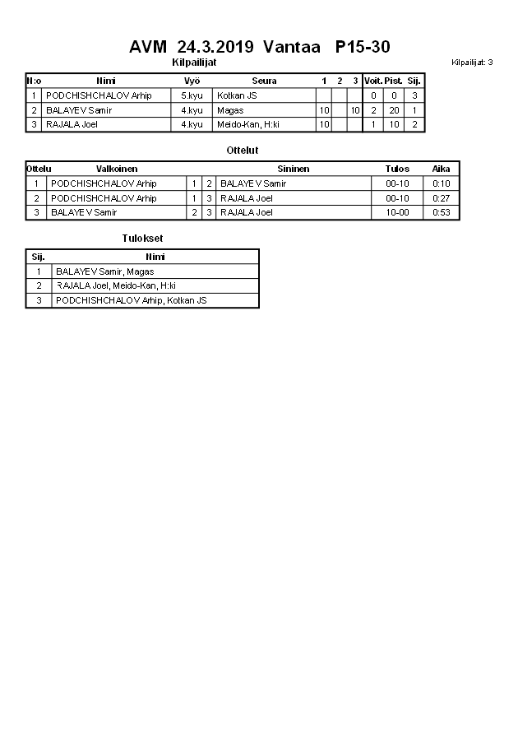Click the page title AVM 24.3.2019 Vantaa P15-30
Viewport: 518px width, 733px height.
coord(259,47)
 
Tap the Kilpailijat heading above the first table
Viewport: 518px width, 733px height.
coord(194,63)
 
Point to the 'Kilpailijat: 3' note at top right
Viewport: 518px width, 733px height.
coord(472,63)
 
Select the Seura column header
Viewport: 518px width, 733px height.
coord(264,81)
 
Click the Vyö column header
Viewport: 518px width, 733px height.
coord(192,81)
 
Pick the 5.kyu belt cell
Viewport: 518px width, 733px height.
coord(192,95)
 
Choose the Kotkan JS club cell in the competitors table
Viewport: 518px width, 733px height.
coord(237,95)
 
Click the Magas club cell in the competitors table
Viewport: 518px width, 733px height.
coord(230,110)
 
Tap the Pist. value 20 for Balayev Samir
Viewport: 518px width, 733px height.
coord(394,110)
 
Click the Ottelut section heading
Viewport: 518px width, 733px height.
coord(242,151)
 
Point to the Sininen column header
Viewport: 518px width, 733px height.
coord(293,169)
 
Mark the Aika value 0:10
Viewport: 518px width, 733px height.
coord(442,183)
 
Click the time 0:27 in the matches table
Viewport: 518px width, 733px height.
coord(442,198)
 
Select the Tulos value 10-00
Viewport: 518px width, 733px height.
coord(397,212)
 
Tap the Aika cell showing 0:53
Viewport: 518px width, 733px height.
coord(442,212)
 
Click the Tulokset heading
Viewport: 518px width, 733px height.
coord(136,239)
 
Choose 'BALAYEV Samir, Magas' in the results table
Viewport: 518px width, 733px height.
coord(104,271)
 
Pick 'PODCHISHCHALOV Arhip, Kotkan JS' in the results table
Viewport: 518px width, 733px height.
coord(131,300)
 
